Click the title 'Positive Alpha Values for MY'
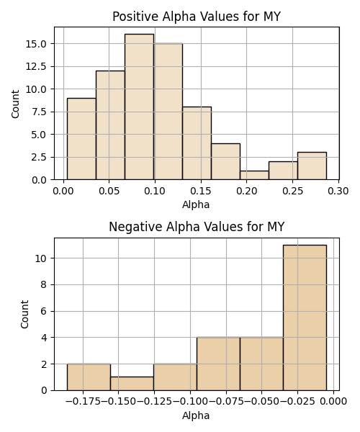click(197, 17)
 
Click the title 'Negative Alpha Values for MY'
click(197, 227)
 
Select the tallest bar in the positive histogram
click(139, 107)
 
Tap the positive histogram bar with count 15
click(168, 112)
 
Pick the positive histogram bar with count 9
click(81, 139)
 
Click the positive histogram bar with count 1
click(254, 175)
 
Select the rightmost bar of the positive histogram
click(312, 166)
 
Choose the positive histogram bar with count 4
click(225, 161)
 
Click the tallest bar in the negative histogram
click(305, 318)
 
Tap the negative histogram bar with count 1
click(132, 384)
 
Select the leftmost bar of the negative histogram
click(89, 377)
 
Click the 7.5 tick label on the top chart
click(39, 112)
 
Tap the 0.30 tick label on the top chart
click(338, 191)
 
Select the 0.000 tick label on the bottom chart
click(333, 402)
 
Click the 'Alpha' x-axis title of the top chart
click(196, 204)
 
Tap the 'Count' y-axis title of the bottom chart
click(24, 314)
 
